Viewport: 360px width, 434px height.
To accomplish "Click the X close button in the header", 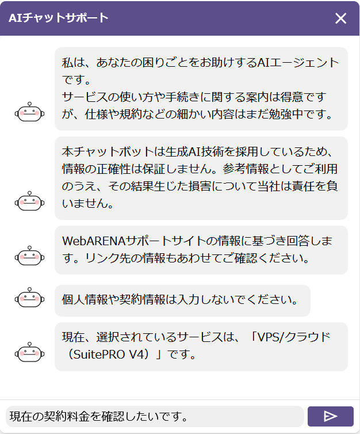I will click(x=341, y=18).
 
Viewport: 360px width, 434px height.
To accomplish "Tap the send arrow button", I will click(x=330, y=416).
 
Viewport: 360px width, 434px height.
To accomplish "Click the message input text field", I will click(x=154, y=416).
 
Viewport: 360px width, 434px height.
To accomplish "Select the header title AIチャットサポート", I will click(x=58, y=18).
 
